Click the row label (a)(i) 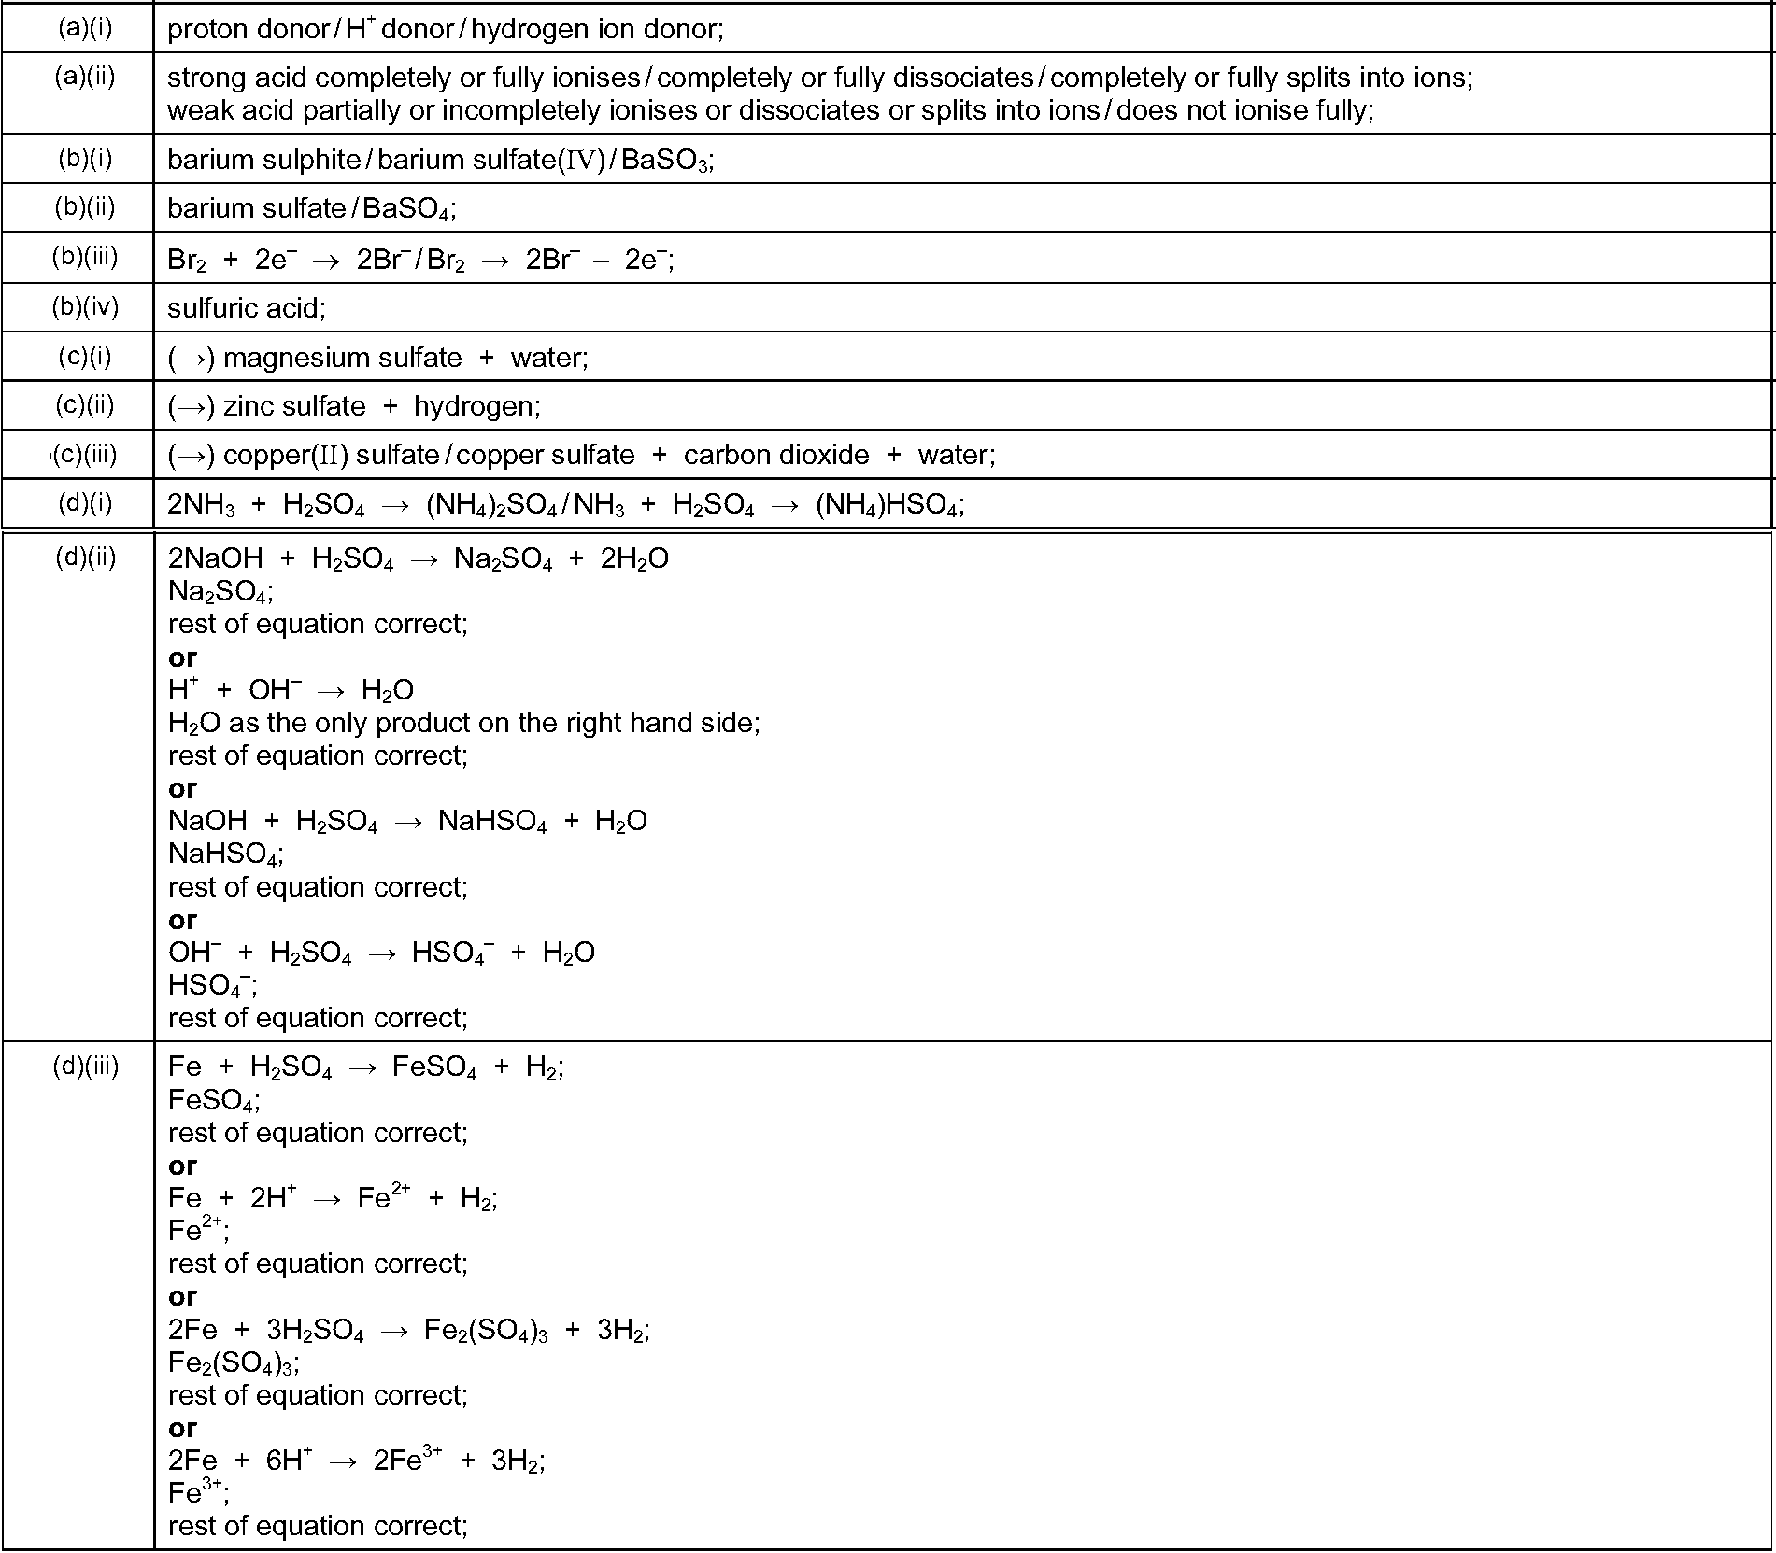[x=84, y=28]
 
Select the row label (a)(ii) [x=84, y=76]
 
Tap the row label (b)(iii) [x=84, y=256]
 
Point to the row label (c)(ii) [x=84, y=404]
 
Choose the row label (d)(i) [x=84, y=502]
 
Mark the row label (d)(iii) [x=85, y=1066]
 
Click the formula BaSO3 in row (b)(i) [x=666, y=161]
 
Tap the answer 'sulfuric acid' [x=245, y=307]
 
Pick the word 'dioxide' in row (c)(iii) [x=823, y=455]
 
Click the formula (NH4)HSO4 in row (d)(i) [x=887, y=505]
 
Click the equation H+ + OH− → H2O [x=291, y=690]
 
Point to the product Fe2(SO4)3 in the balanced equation [x=486, y=1330]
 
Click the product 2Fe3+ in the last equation [x=407, y=1460]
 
